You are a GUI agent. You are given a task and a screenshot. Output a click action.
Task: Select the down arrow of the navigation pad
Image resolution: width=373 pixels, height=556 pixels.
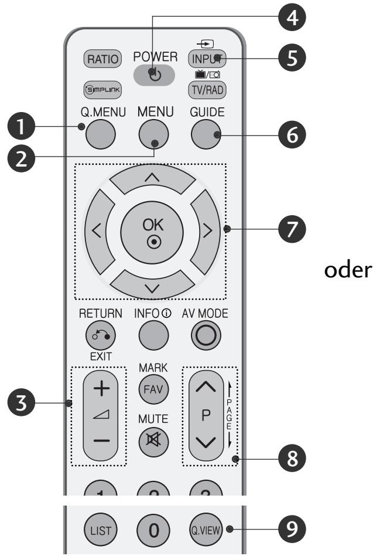tap(152, 277)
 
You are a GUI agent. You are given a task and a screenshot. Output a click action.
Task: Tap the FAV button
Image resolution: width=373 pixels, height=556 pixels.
tap(152, 388)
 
